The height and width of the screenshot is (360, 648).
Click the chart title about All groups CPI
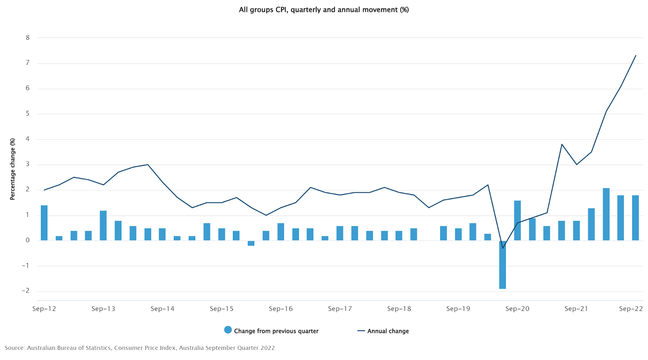[324, 10]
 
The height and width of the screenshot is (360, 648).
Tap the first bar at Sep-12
[44, 223]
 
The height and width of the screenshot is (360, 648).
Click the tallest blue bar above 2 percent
[606, 214]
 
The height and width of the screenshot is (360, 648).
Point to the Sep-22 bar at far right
[635, 218]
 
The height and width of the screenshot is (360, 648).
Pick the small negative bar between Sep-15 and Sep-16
[251, 243]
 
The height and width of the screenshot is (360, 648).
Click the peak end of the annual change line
[635, 55]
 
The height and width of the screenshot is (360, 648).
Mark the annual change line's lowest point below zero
[503, 248]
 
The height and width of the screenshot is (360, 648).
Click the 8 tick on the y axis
[28, 38]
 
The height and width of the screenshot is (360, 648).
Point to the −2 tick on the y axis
[26, 291]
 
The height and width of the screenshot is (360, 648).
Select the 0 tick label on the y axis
[28, 240]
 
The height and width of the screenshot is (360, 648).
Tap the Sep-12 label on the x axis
[44, 309]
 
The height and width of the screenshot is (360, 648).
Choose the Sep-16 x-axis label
[281, 309]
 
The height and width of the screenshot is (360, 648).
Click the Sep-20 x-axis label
[517, 309]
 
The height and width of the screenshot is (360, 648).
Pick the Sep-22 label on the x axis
[631, 309]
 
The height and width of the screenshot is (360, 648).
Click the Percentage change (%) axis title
[13, 169]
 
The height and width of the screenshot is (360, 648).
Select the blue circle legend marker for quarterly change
[228, 330]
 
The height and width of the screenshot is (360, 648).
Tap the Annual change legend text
[388, 331]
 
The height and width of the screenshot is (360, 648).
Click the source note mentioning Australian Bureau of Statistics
[140, 348]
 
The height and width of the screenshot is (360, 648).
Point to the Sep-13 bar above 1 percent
[103, 226]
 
